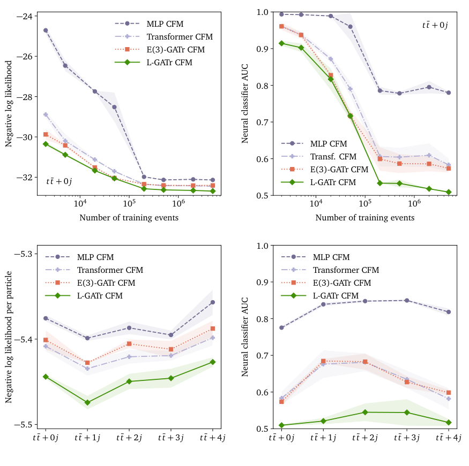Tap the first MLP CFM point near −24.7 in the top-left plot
[x=46, y=30]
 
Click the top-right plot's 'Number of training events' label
[x=364, y=218]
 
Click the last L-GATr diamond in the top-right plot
[x=449, y=192]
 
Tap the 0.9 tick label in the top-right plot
[x=262, y=49]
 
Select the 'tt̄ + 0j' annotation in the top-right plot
[x=434, y=25]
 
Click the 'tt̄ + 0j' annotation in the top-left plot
[x=59, y=181]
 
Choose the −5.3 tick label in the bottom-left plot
[x=24, y=254]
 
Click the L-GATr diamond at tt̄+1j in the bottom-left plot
[x=87, y=402]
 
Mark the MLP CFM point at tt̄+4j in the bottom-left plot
[x=213, y=302]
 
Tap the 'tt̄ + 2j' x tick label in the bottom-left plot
[x=129, y=438]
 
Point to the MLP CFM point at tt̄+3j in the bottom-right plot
[x=407, y=301]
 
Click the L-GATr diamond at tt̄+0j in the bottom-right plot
[x=281, y=425]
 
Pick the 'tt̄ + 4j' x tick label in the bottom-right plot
[x=448, y=438]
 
